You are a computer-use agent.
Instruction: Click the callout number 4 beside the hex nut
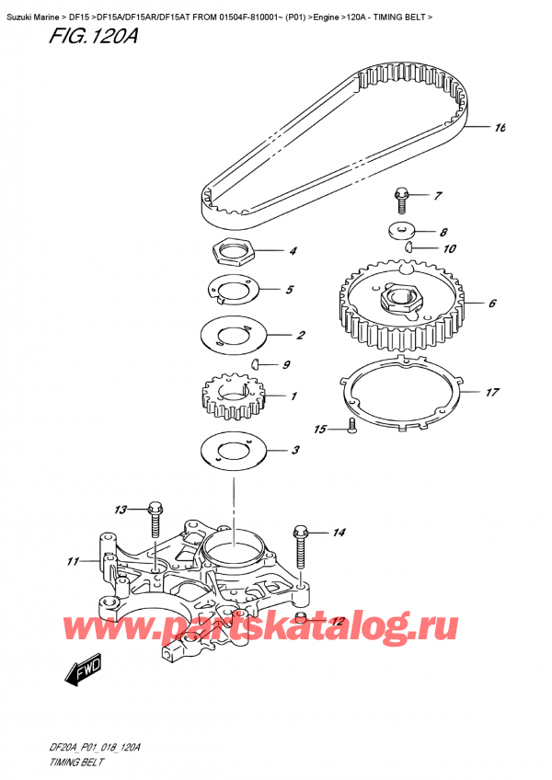(293, 251)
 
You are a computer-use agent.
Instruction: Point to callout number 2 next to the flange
(301, 335)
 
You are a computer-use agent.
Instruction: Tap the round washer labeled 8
(401, 231)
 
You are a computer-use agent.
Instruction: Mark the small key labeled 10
(408, 247)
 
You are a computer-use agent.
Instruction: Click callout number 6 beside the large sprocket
(492, 303)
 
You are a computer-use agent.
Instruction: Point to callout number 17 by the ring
(492, 393)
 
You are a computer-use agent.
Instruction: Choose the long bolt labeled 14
(301, 546)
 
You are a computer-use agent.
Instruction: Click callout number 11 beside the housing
(74, 561)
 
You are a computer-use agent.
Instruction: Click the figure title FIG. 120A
(93, 36)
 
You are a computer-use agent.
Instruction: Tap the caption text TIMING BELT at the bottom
(76, 763)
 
